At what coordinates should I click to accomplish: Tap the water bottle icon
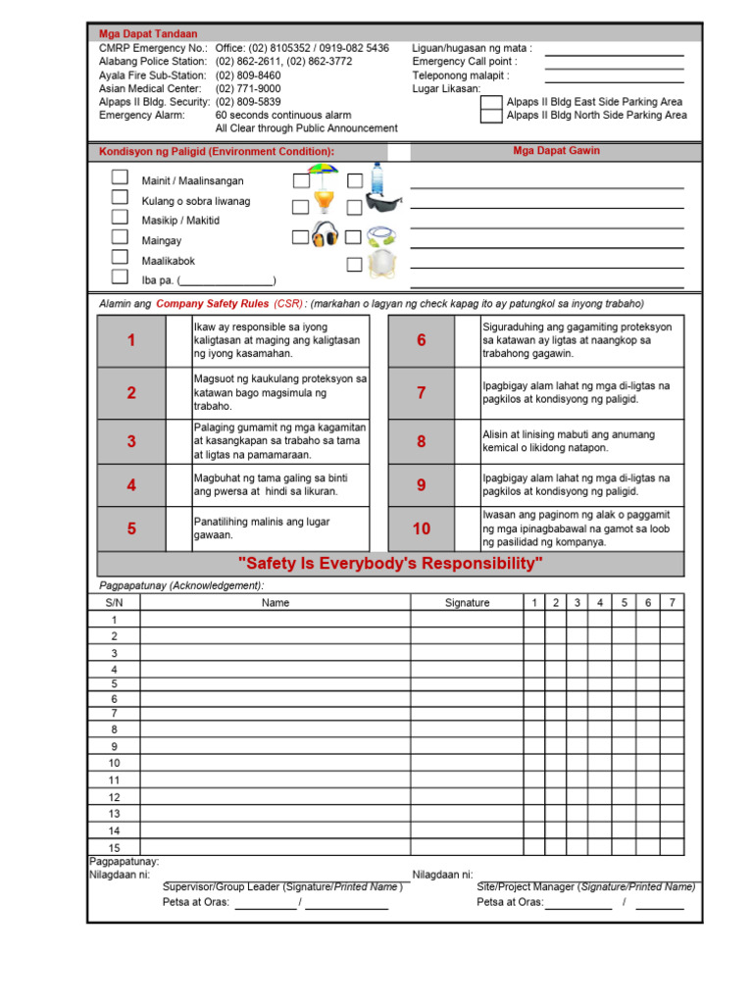[377, 177]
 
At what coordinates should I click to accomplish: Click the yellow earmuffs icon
[325, 235]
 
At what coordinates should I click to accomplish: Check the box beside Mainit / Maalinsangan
[120, 177]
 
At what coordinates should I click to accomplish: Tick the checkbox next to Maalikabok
[120, 257]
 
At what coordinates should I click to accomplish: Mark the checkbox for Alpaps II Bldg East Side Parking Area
[491, 102]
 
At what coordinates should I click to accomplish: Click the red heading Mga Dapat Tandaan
[148, 34]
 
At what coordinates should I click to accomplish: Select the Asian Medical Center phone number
[248, 88]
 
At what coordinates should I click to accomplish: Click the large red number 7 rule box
[422, 392]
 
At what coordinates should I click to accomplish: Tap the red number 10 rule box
[422, 528]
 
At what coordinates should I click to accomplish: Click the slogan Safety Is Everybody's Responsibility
[390, 564]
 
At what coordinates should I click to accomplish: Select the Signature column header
[467, 603]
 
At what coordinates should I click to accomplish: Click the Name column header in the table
[276, 603]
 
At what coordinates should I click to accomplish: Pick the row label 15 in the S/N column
[115, 847]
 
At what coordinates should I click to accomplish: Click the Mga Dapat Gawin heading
[557, 151]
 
